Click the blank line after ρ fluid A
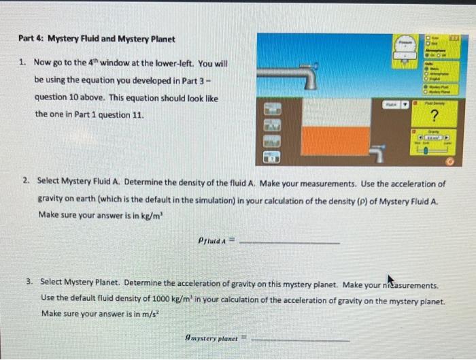point(290,242)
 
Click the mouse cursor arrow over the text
point(390,280)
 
